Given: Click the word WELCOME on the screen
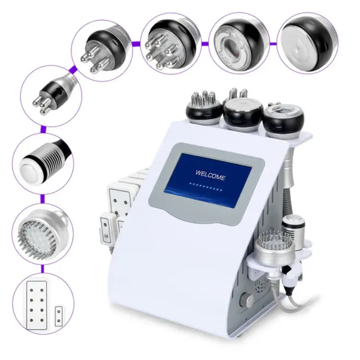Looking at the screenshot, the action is (x=210, y=175).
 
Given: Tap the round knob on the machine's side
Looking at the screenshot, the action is (x=246, y=300).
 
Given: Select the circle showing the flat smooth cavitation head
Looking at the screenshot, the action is (x=307, y=43).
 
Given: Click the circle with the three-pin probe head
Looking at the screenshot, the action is (x=102, y=50).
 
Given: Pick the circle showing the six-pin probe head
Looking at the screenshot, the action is (x=171, y=43).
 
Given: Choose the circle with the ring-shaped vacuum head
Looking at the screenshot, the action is (x=239, y=43).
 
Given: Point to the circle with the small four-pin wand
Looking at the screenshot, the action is (x=51, y=96).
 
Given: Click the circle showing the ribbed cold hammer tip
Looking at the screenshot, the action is (x=43, y=164).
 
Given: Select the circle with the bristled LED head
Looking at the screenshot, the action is (x=43, y=234).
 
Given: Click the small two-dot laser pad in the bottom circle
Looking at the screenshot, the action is (x=59, y=316).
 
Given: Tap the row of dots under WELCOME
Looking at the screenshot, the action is (x=206, y=187).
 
